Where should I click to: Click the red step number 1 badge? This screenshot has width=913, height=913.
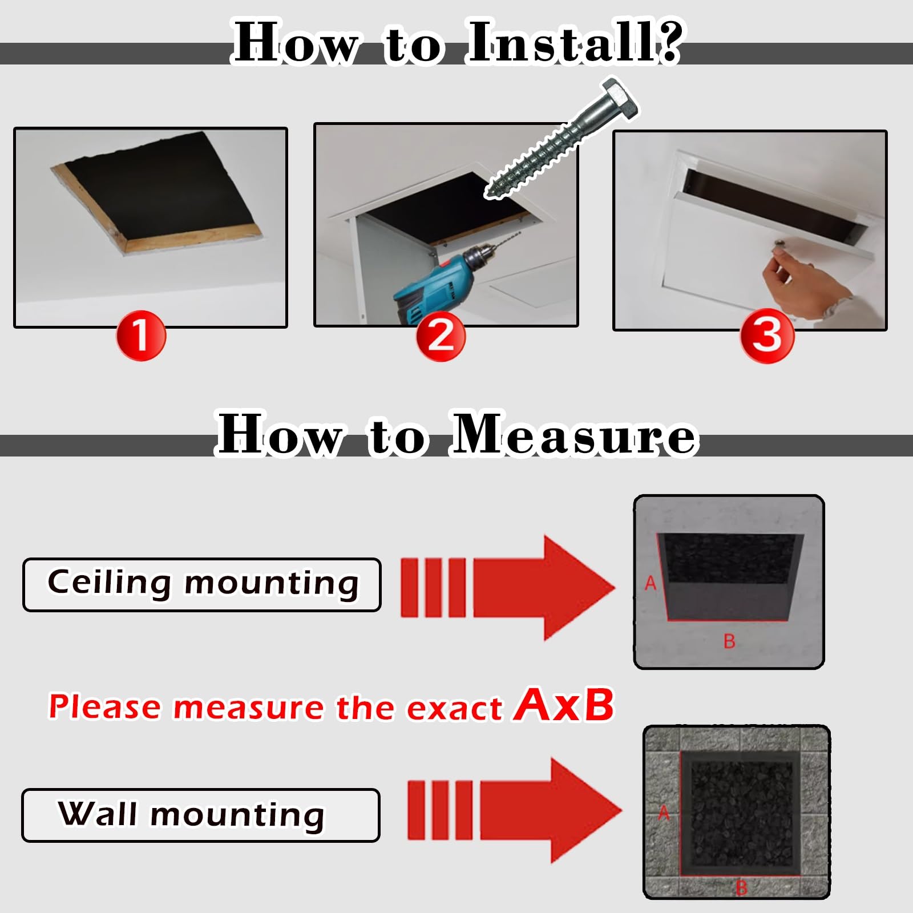[141, 336]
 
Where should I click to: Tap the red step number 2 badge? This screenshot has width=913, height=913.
[441, 336]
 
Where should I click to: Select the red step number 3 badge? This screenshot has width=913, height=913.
[767, 335]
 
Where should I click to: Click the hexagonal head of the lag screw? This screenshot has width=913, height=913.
[619, 100]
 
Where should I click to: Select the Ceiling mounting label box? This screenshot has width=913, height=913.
[202, 585]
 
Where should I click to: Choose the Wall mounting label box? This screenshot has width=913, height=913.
[201, 815]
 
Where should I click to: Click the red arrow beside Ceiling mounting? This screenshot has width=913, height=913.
[508, 588]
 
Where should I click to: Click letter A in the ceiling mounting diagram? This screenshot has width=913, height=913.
[651, 583]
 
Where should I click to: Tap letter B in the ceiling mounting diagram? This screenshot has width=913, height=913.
[729, 641]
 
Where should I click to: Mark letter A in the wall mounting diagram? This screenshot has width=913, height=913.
[664, 813]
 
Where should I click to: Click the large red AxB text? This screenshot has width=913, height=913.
[564, 705]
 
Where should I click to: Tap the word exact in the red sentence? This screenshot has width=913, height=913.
[454, 708]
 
